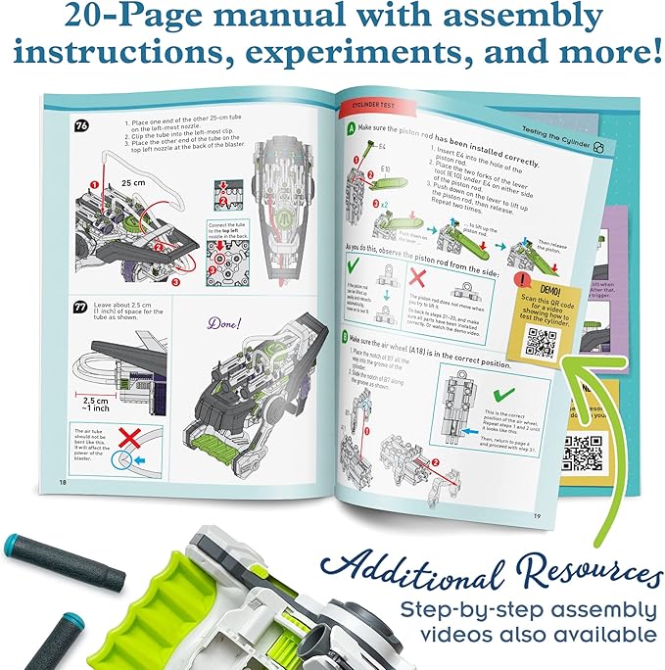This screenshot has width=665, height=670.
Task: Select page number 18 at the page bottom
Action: click(63, 482)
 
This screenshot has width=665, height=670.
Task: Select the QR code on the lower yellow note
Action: click(584, 452)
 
